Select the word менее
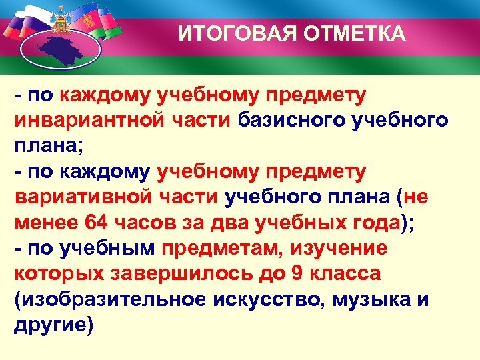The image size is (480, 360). point(45,223)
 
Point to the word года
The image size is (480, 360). point(367,223)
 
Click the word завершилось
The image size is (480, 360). point(180,274)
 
